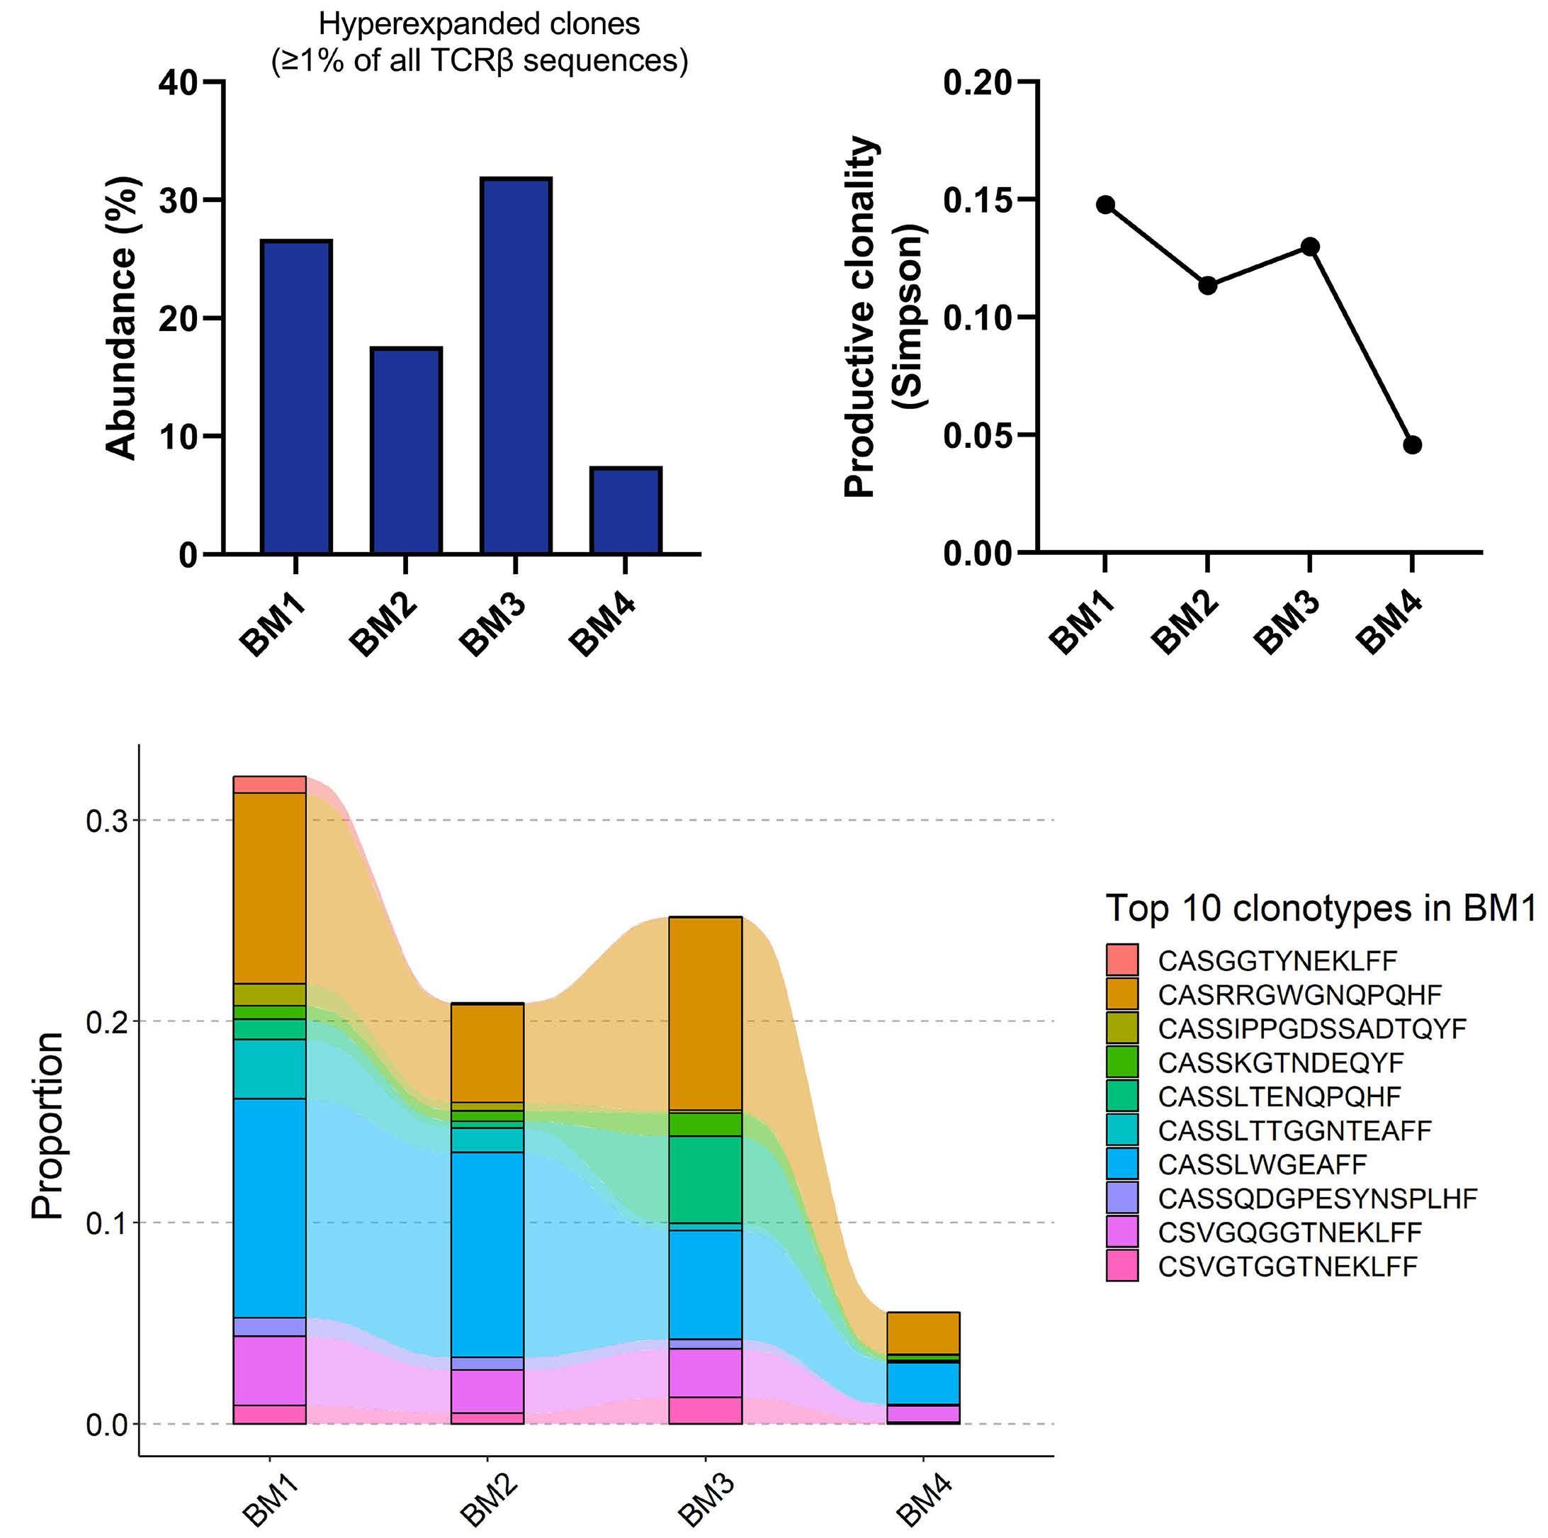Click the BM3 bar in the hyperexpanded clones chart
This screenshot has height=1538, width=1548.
point(515,366)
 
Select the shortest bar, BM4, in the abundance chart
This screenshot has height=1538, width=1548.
point(625,510)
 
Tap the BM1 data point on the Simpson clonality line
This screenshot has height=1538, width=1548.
point(1105,204)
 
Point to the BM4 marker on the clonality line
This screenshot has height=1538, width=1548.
point(1412,445)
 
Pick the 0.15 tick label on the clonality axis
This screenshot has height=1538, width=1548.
point(978,200)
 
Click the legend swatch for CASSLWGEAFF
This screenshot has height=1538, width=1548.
point(1122,1164)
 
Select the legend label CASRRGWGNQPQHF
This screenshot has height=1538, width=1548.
point(1299,994)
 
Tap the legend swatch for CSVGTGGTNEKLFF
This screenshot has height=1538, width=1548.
point(1122,1266)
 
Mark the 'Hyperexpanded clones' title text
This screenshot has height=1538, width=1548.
point(479,24)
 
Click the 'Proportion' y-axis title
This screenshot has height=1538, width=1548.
point(48,1126)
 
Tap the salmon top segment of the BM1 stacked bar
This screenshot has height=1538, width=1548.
point(269,785)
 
